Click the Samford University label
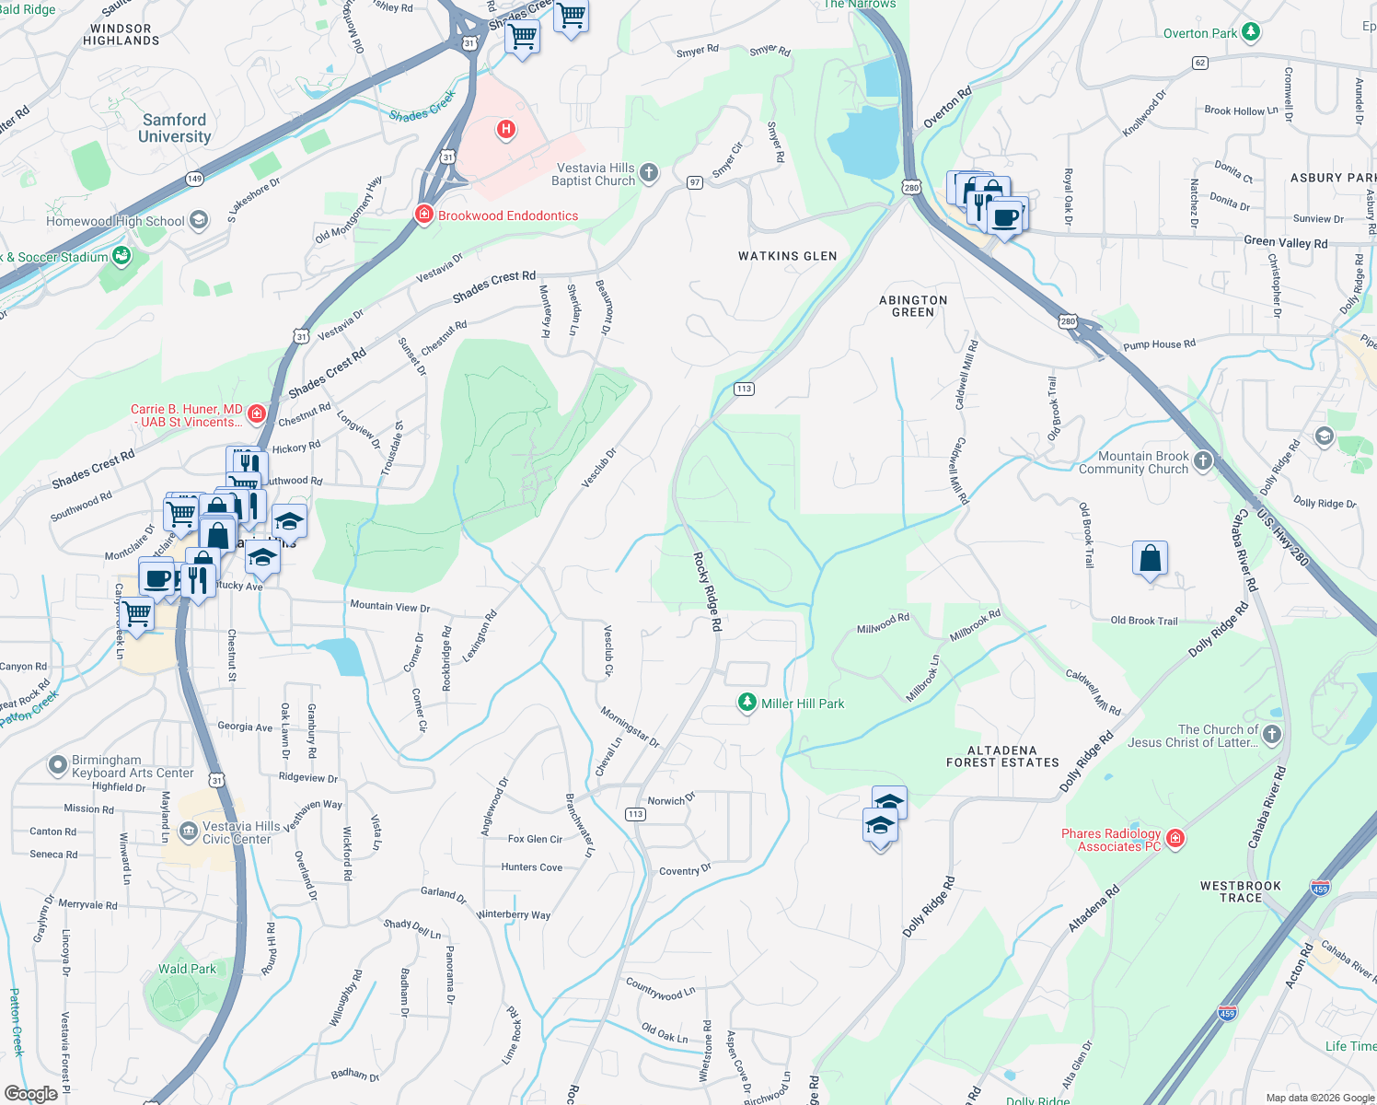click(x=174, y=128)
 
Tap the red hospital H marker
click(x=505, y=129)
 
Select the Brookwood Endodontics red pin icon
click(x=423, y=215)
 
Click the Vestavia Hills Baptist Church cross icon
click(x=649, y=173)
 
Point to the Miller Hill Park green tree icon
click(x=748, y=704)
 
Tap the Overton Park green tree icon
click(x=1250, y=32)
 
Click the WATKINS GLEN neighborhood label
click(x=787, y=256)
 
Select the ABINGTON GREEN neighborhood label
click(x=912, y=306)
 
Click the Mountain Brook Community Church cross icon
click(x=1203, y=460)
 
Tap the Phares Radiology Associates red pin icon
click(x=1175, y=838)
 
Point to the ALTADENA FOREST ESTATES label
click(x=1002, y=756)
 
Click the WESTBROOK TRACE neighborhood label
click(x=1240, y=891)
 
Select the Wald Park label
click(x=187, y=969)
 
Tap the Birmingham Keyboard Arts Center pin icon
click(x=58, y=765)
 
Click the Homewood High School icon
click(x=199, y=220)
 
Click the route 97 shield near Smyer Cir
click(x=695, y=182)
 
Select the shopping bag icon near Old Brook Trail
click(x=1150, y=558)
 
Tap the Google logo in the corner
click(x=30, y=1094)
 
